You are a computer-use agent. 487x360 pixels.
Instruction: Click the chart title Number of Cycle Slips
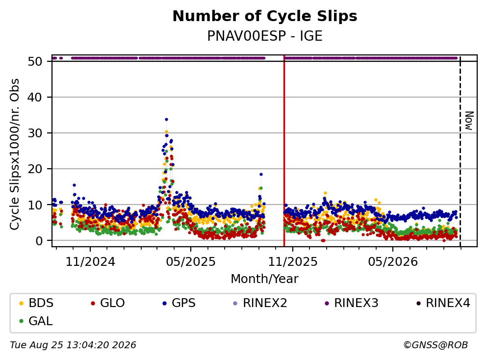point(265,16)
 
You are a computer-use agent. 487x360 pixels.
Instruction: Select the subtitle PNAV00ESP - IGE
point(265,36)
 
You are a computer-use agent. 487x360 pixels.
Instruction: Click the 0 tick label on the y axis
point(39,241)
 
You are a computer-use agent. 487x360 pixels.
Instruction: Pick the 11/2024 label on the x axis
point(90,262)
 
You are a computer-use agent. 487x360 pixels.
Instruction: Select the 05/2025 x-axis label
point(191,262)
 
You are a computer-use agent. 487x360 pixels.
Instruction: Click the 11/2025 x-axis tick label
point(293,262)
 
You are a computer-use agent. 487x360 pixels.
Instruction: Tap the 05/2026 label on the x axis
point(393,262)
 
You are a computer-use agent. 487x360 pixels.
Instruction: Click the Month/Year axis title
point(265,279)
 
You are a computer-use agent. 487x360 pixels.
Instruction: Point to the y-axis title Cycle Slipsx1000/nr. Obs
point(15,154)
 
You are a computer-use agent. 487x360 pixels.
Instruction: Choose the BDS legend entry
point(36,303)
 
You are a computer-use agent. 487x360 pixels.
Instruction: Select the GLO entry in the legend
point(108,303)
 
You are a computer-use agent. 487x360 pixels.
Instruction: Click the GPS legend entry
point(179,303)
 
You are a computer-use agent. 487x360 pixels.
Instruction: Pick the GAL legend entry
point(36,321)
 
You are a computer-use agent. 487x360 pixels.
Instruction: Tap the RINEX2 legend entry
point(260,303)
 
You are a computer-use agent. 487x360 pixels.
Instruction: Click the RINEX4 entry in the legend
point(443,303)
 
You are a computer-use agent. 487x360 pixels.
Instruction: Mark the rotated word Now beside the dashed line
point(469,121)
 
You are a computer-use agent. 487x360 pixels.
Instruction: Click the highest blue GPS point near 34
point(166,119)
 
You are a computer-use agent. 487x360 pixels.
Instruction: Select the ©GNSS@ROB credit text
point(436,345)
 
